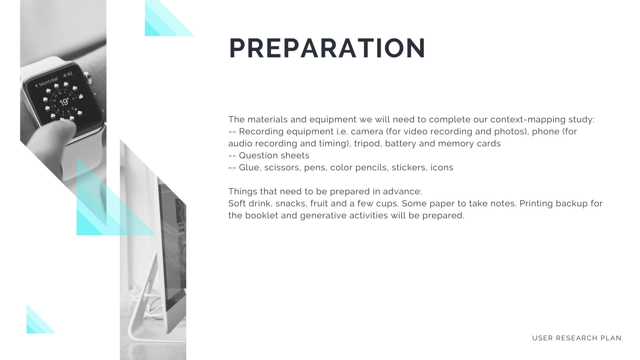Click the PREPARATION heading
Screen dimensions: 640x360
point(327,48)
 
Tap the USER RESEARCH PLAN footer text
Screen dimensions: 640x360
point(577,338)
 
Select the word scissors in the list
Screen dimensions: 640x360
point(283,167)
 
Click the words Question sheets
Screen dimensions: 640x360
point(274,156)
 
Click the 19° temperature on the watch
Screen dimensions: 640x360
point(64,102)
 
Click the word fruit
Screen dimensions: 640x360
point(319,204)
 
